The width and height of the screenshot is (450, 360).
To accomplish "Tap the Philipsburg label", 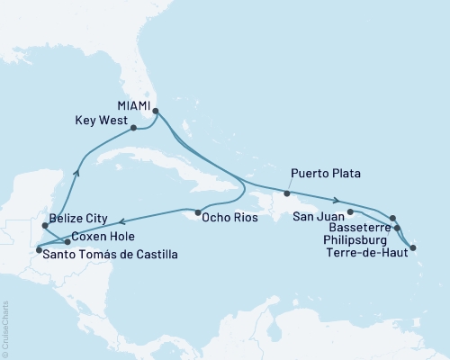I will (356, 240).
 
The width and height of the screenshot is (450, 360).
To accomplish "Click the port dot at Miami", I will (156, 112).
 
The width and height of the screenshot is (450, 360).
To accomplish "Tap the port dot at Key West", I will (133, 128).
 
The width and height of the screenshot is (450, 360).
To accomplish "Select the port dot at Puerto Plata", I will (286, 193).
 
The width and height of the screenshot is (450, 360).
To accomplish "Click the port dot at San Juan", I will (349, 212).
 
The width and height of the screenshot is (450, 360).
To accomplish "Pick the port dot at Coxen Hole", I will (67, 242).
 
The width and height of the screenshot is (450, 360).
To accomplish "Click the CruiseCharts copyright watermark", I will (5, 328).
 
